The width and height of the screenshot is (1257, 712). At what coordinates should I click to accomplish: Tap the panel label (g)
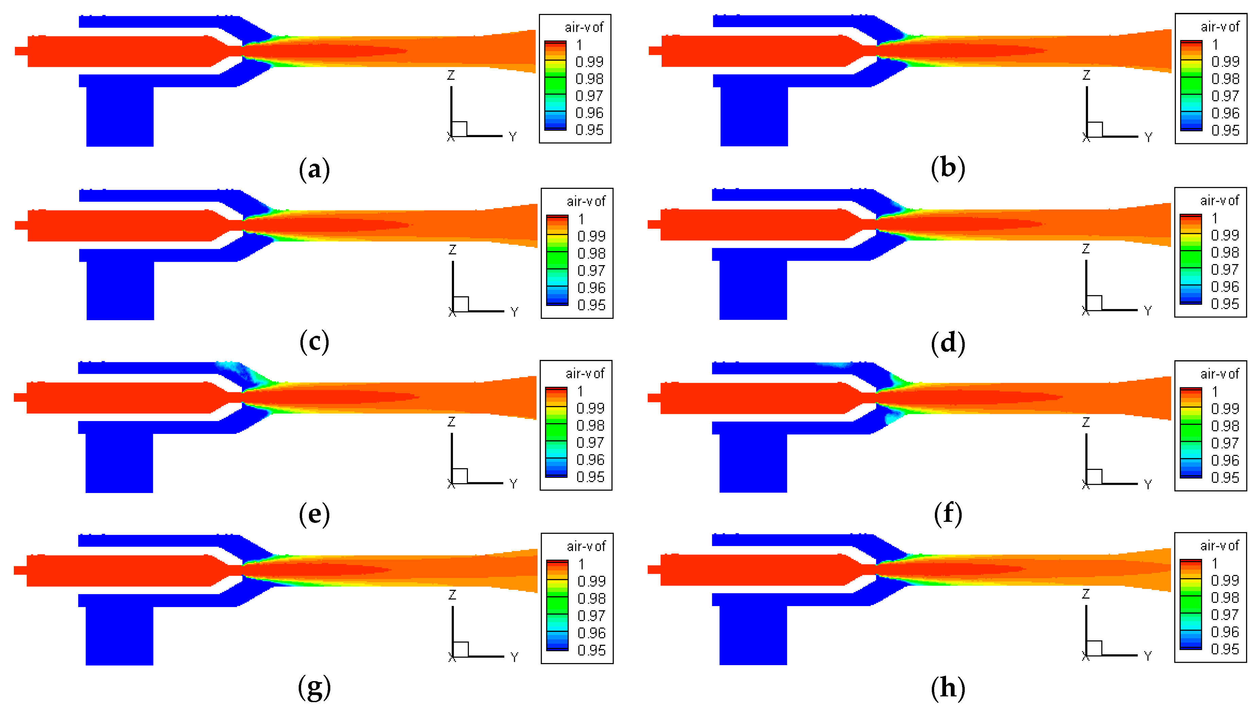tap(314, 688)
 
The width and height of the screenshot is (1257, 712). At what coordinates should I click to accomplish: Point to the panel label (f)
tap(948, 514)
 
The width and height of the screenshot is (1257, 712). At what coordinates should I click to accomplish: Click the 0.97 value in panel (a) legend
tap(589, 96)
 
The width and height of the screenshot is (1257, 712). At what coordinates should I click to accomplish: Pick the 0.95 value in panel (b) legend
tap(1225, 130)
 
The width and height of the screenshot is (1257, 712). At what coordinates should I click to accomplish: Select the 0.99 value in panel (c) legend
tap(591, 236)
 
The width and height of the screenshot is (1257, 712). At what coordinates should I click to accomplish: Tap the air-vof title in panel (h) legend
tap(1219, 545)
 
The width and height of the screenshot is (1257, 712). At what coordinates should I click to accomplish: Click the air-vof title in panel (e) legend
tap(585, 373)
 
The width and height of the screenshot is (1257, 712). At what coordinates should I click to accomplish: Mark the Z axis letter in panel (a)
tap(451, 75)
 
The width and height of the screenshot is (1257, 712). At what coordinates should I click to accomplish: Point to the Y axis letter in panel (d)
tap(1147, 311)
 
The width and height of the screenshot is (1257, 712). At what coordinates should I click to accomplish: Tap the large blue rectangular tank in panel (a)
tap(120, 116)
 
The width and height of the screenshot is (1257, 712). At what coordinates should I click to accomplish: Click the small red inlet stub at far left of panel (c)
tap(21, 225)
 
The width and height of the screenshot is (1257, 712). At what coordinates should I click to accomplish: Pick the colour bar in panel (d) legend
tap(1190, 259)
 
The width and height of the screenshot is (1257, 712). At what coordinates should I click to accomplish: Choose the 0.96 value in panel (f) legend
tap(1225, 460)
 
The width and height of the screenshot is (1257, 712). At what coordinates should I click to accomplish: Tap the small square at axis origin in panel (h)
tap(1094, 648)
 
